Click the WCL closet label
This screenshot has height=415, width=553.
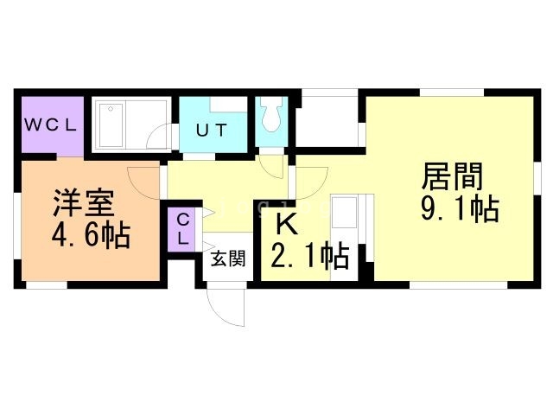(50, 124)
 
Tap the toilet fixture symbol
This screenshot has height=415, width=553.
(271, 115)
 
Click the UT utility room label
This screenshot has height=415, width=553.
(211, 131)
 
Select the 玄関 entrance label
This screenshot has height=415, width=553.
(227, 257)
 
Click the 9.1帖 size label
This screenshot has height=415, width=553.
(459, 209)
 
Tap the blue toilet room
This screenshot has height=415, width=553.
(271, 121)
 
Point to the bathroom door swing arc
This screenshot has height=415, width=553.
(157, 139)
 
